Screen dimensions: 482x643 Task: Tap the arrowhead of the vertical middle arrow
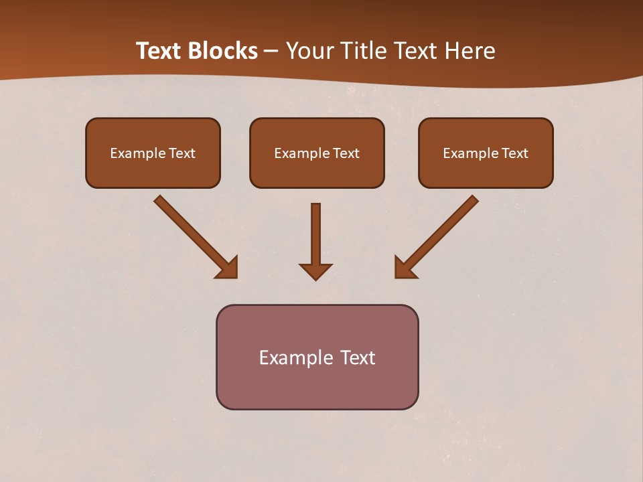(x=315, y=271)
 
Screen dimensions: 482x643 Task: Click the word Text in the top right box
(x=515, y=153)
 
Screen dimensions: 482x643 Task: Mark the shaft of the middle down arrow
(x=315, y=231)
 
